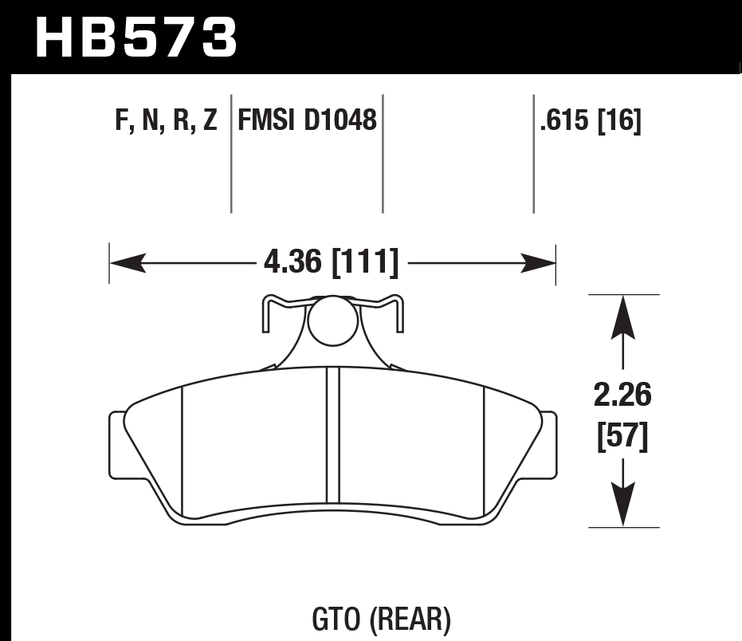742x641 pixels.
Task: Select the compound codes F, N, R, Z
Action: pos(166,121)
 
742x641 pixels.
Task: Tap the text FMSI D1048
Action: pos(307,121)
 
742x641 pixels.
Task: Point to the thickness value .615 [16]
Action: pos(591,121)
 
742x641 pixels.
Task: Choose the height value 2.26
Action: pos(623,395)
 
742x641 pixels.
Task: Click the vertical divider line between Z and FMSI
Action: pos(231,151)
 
